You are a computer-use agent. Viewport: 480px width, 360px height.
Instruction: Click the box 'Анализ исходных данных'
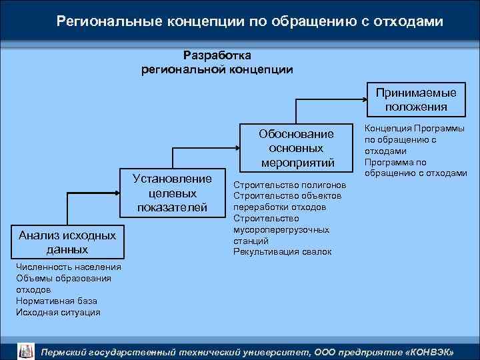(67, 241)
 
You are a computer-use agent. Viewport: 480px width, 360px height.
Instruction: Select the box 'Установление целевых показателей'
(172, 193)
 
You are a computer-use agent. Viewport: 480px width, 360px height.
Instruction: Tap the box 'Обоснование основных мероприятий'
(296, 147)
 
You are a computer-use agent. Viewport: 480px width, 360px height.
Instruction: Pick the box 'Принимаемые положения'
(416, 99)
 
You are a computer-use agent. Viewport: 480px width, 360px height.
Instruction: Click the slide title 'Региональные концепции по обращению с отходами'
(250, 21)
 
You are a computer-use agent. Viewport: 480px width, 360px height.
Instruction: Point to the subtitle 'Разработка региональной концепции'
(217, 62)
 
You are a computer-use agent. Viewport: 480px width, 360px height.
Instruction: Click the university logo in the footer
(25, 351)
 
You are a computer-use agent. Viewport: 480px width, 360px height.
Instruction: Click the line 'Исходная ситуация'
(58, 312)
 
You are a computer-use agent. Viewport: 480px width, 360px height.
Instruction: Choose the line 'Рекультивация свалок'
(282, 251)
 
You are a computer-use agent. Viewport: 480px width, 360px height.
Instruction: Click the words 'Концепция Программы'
(415, 129)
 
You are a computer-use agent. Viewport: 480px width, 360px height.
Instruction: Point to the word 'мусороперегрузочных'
(281, 229)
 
